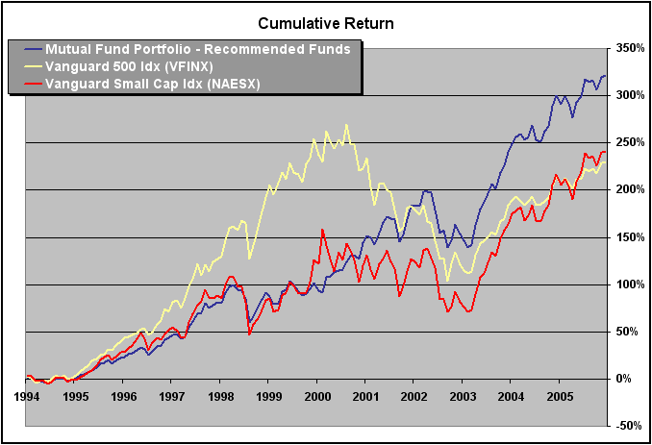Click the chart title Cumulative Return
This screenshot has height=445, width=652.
click(325, 22)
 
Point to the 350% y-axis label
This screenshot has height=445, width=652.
click(631, 48)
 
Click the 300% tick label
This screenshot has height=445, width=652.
click(631, 95)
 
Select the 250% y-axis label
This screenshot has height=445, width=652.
click(631, 142)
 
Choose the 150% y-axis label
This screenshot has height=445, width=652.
click(631, 237)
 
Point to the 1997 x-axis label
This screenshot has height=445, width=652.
click(171, 395)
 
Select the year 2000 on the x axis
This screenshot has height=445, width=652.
click(316, 395)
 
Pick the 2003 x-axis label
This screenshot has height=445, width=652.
click(463, 395)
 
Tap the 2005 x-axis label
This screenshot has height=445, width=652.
click(560, 395)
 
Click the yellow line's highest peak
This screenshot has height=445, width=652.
click(346, 125)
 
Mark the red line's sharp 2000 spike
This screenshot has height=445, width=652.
click(322, 230)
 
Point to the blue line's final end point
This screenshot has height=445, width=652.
click(605, 76)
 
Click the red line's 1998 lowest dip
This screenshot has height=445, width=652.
click(249, 334)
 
